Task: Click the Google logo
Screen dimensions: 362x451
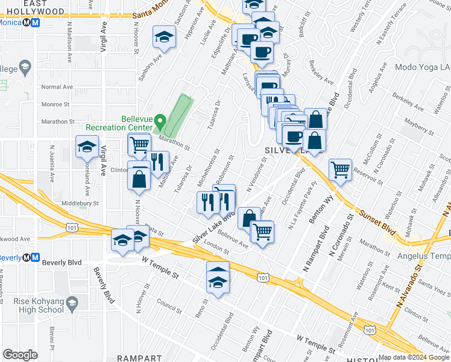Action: (x=20, y=355)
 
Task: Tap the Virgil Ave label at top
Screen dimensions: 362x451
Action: (x=104, y=36)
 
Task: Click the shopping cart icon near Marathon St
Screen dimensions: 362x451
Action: (x=139, y=144)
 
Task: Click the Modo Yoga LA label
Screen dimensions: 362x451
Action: (x=423, y=68)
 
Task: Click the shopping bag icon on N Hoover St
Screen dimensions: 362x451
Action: (x=139, y=179)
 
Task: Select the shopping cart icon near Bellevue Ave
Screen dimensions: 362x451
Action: (x=262, y=230)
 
